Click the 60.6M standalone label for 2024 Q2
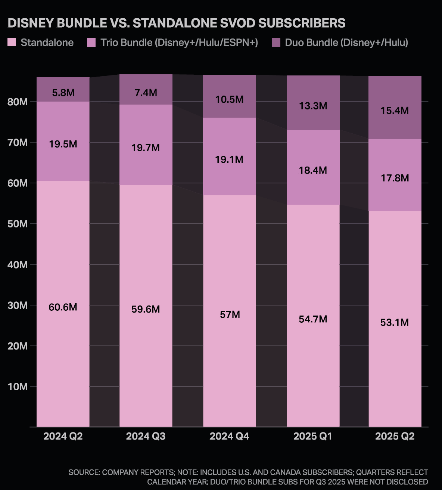(x=63, y=307)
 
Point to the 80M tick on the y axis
(x=17, y=102)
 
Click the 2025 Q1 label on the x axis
(x=312, y=436)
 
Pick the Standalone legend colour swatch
(x=12, y=43)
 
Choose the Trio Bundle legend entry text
(x=179, y=43)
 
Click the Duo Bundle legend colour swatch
(x=276, y=43)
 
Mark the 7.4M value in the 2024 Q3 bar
(x=146, y=93)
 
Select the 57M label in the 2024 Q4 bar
(x=230, y=314)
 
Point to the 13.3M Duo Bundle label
(x=313, y=106)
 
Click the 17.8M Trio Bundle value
(x=395, y=178)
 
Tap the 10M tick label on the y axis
(x=17, y=387)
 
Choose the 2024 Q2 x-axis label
(x=63, y=436)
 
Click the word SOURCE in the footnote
(x=84, y=472)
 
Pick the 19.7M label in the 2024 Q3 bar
(x=145, y=148)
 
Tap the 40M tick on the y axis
(x=17, y=265)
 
